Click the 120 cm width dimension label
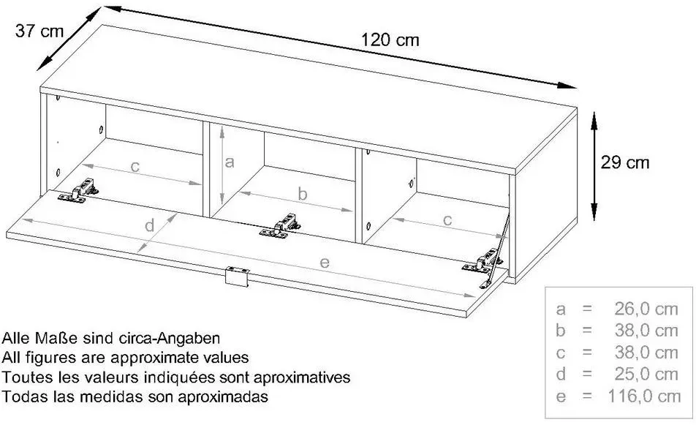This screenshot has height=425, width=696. pos(390,40)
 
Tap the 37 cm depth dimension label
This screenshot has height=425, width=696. pos(39,31)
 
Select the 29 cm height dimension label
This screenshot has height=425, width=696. pos(625,162)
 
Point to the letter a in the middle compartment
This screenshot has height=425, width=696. pos(229,162)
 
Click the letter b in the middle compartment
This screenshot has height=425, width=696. pos(302,194)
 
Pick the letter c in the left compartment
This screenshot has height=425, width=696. pos(135,167)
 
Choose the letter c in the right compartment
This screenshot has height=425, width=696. pos(447,220)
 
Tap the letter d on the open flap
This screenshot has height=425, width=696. pos(150,225)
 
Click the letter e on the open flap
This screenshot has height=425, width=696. pos(325,263)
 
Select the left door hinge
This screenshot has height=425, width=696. pos(78,191)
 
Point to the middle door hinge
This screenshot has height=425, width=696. pos(280,226)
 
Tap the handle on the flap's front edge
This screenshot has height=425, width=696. pos(237,277)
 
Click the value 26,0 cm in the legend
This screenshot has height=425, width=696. pos(646,309)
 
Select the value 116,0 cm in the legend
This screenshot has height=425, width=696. pos(643,396)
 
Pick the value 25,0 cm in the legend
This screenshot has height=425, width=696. pos(646,374)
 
